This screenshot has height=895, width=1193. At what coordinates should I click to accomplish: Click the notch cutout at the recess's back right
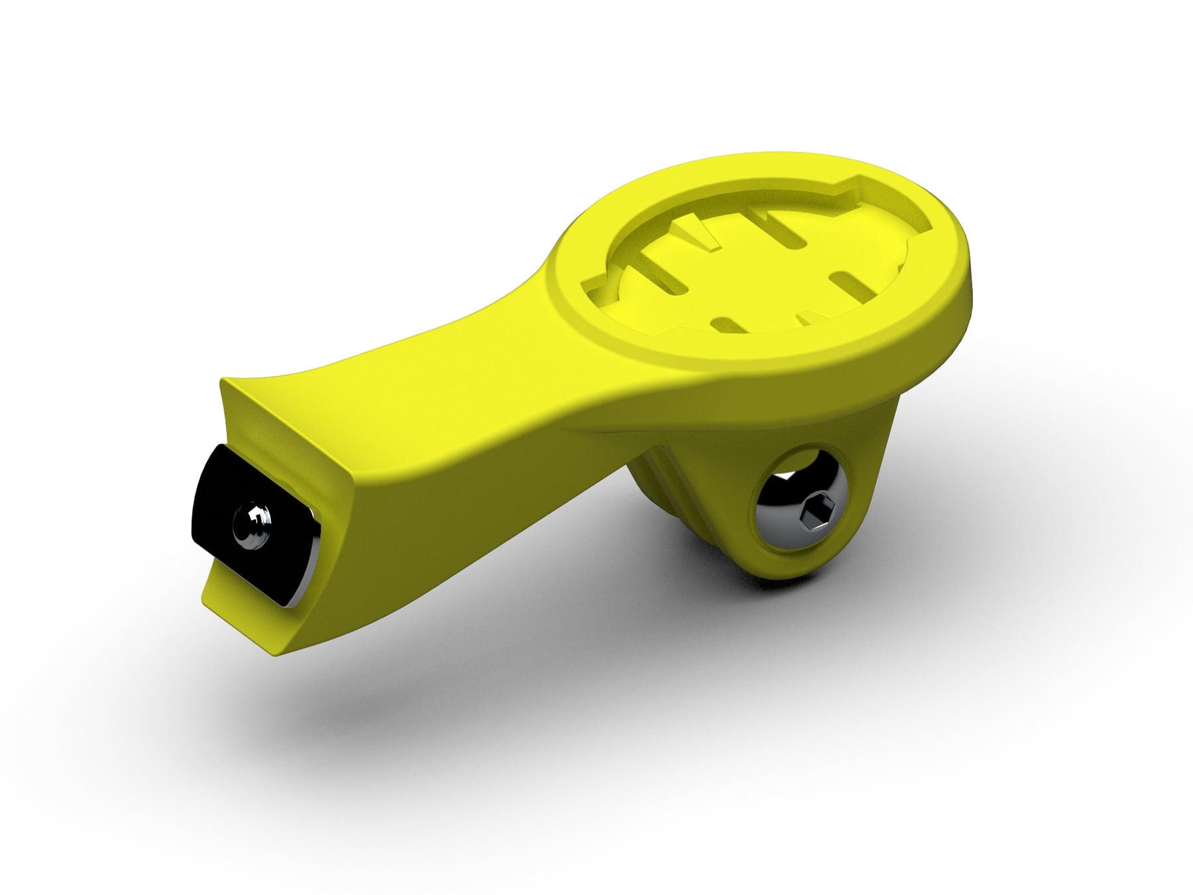click(x=862, y=186)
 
